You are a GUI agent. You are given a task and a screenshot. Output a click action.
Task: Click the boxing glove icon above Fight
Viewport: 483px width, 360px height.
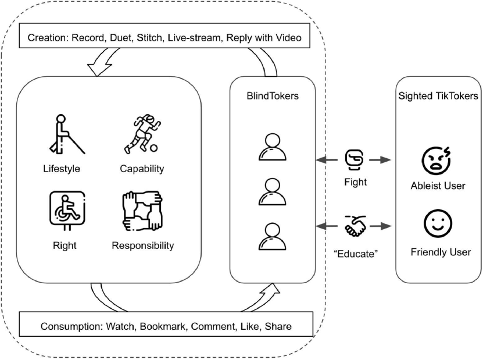[355, 160]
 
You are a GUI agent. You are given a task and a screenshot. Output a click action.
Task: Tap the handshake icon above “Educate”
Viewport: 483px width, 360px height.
[355, 226]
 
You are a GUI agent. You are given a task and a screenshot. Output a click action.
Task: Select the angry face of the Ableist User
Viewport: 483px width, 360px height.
[436, 161]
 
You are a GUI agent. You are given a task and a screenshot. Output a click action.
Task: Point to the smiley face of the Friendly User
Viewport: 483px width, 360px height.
[438, 223]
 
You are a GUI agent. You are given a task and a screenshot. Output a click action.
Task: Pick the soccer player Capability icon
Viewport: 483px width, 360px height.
[142, 134]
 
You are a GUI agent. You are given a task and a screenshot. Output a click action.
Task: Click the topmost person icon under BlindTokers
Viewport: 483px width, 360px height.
[272, 147]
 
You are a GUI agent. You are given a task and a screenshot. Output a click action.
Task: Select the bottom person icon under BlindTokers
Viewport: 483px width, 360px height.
[272, 236]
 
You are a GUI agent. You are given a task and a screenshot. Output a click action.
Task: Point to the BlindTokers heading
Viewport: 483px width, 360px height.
[273, 96]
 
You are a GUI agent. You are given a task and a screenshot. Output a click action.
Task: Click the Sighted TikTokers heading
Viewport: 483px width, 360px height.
[438, 96]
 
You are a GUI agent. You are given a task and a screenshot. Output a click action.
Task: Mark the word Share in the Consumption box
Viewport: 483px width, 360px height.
[278, 326]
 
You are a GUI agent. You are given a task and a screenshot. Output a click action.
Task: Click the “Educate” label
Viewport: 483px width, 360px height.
[356, 254]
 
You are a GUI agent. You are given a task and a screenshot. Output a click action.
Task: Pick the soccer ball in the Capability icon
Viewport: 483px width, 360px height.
[153, 148]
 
